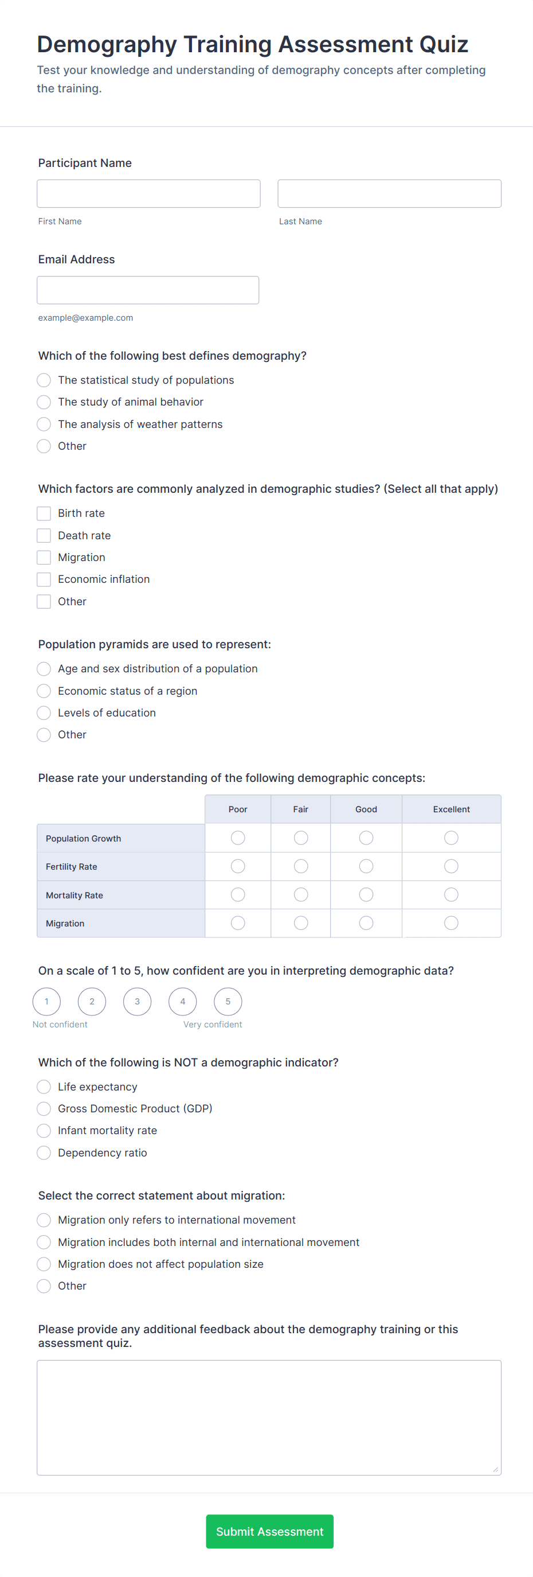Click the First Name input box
tap(148, 193)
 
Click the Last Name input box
tap(389, 193)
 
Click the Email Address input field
tap(147, 290)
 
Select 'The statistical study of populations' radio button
tap(44, 380)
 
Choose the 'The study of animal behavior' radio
tap(44, 402)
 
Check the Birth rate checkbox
tap(44, 513)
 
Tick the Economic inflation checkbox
tap(44, 579)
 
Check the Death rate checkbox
tap(44, 536)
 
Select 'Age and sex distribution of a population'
tap(44, 668)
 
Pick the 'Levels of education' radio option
tap(44, 712)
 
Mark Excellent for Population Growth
tap(451, 838)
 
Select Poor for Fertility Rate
tap(238, 866)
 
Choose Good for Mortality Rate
tap(366, 895)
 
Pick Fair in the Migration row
tap(300, 923)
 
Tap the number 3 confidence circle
tap(137, 1002)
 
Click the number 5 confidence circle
tap(228, 1002)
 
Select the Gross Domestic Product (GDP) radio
tap(44, 1109)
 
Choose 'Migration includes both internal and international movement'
tap(44, 1242)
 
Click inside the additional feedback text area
tap(269, 1417)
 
